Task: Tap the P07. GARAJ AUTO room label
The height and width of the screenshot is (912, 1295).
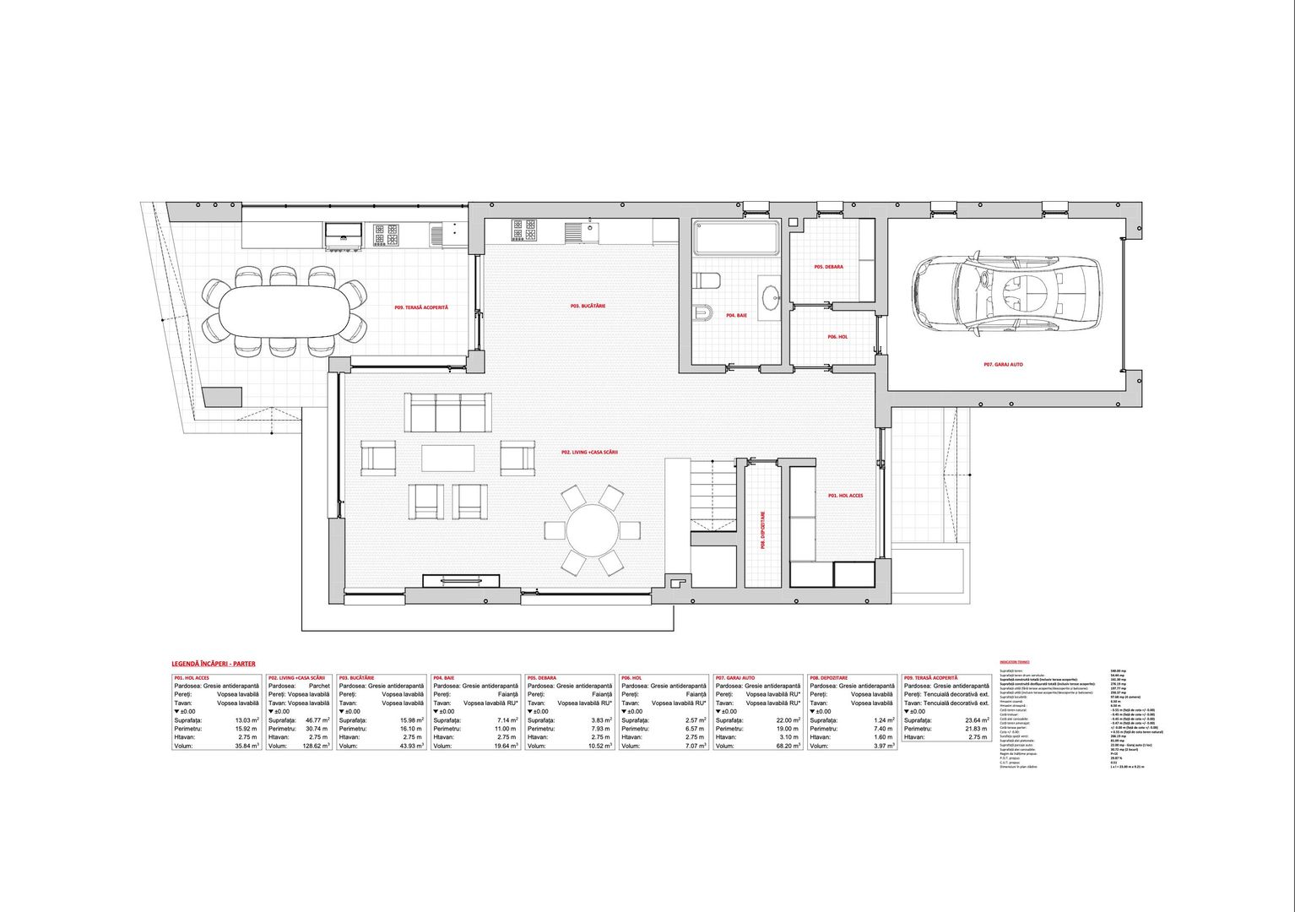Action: pos(1003,365)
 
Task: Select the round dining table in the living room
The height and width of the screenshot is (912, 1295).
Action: pos(593,530)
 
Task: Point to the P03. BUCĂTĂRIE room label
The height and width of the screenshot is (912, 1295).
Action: pos(588,306)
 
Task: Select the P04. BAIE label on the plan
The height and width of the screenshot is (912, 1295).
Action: pos(736,316)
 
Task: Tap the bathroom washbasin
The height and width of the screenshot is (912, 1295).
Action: pos(772,297)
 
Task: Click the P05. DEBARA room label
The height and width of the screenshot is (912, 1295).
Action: pos(828,267)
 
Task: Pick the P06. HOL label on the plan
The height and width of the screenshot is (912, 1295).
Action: pos(837,337)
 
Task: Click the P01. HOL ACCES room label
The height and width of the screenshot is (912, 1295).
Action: pos(845,496)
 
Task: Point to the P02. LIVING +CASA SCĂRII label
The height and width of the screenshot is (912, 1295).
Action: pos(590,453)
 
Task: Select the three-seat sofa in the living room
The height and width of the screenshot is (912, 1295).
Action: pos(447,412)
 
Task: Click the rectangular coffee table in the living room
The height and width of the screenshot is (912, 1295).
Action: pos(448,459)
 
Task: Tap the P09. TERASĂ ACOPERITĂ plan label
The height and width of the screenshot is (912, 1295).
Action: pos(421,307)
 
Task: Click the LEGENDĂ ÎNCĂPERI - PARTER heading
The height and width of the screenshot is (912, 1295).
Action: pos(213,664)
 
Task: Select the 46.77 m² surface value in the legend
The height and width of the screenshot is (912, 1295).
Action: pos(315,720)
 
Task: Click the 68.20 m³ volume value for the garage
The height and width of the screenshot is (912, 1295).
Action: pos(784,746)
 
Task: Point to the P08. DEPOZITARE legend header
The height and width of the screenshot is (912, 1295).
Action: pos(829,678)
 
